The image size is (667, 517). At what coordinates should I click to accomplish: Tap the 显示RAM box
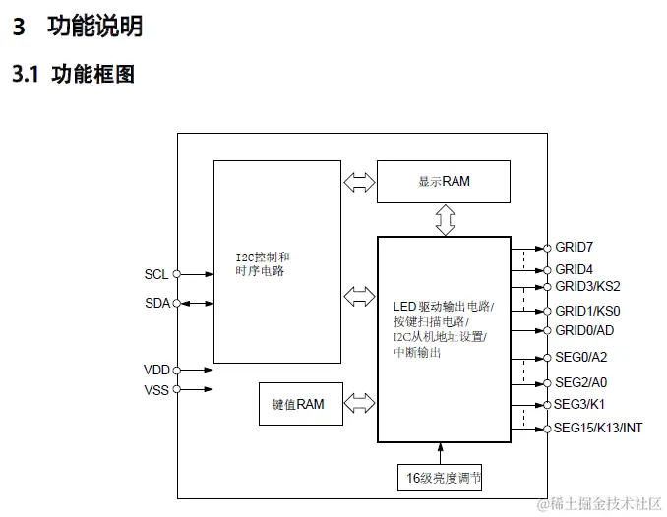444,182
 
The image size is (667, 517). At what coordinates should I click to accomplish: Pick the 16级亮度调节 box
444,479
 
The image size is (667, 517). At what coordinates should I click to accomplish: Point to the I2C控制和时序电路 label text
262,264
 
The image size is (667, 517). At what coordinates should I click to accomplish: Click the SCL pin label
156,275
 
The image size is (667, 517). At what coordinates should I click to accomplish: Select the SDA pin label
156,303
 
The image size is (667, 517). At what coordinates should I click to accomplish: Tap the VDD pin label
156,370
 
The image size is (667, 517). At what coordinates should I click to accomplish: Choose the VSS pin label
156,389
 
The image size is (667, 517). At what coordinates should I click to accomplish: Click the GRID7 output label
575,247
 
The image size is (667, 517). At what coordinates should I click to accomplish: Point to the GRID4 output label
575,269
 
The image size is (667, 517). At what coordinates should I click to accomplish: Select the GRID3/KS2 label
587,287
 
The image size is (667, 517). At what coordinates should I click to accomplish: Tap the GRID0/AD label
584,330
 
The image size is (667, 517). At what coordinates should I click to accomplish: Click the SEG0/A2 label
581,358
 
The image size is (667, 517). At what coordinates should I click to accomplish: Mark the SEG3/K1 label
580,404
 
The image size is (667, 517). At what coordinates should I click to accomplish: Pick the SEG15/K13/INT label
599,428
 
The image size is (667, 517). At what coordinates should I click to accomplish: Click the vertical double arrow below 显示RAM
446,219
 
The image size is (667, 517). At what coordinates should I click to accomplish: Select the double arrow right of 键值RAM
360,404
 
